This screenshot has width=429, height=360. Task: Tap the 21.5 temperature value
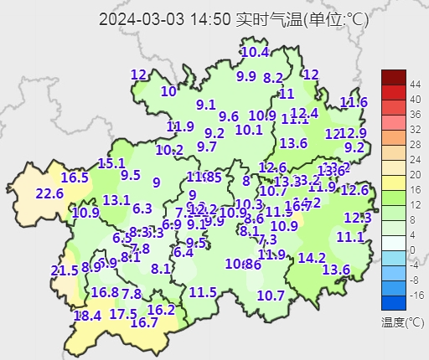click(64, 270)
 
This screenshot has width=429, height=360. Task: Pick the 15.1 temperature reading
click(111, 163)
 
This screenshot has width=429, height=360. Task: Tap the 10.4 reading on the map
click(255, 52)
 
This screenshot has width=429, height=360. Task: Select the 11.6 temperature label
click(354, 102)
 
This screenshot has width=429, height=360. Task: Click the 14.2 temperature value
click(312, 257)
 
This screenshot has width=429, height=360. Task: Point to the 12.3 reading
click(358, 218)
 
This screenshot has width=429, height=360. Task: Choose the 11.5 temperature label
click(203, 292)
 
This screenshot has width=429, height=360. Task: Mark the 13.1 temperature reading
click(116, 200)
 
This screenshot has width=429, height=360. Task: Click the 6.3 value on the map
click(142, 208)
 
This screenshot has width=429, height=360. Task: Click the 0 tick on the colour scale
click(412, 250)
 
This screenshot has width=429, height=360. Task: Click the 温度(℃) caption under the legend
click(402, 321)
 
